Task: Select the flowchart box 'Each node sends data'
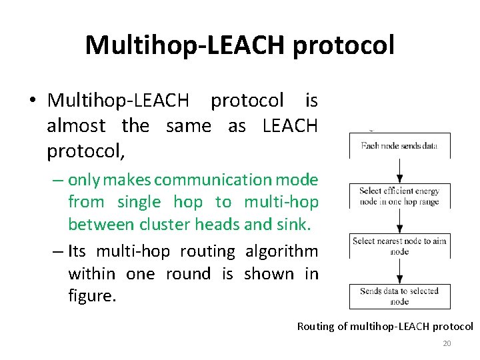399,145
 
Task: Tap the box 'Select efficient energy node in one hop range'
399,196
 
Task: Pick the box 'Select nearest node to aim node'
399,246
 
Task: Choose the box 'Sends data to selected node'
399,296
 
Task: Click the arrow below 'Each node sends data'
399,171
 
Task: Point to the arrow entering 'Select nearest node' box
399,221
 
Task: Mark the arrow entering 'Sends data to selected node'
399,271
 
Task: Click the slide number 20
447,343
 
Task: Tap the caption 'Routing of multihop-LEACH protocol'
385,327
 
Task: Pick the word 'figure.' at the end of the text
92,295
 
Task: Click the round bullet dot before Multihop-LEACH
32,101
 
